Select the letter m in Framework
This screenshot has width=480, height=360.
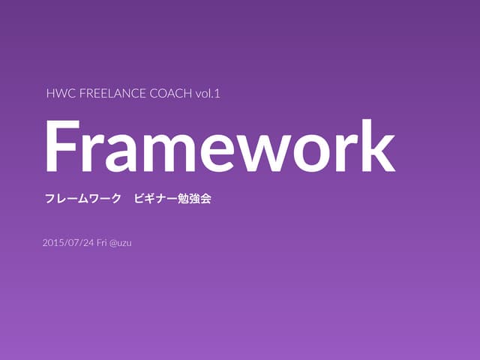pyautogui.click(x=172, y=151)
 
